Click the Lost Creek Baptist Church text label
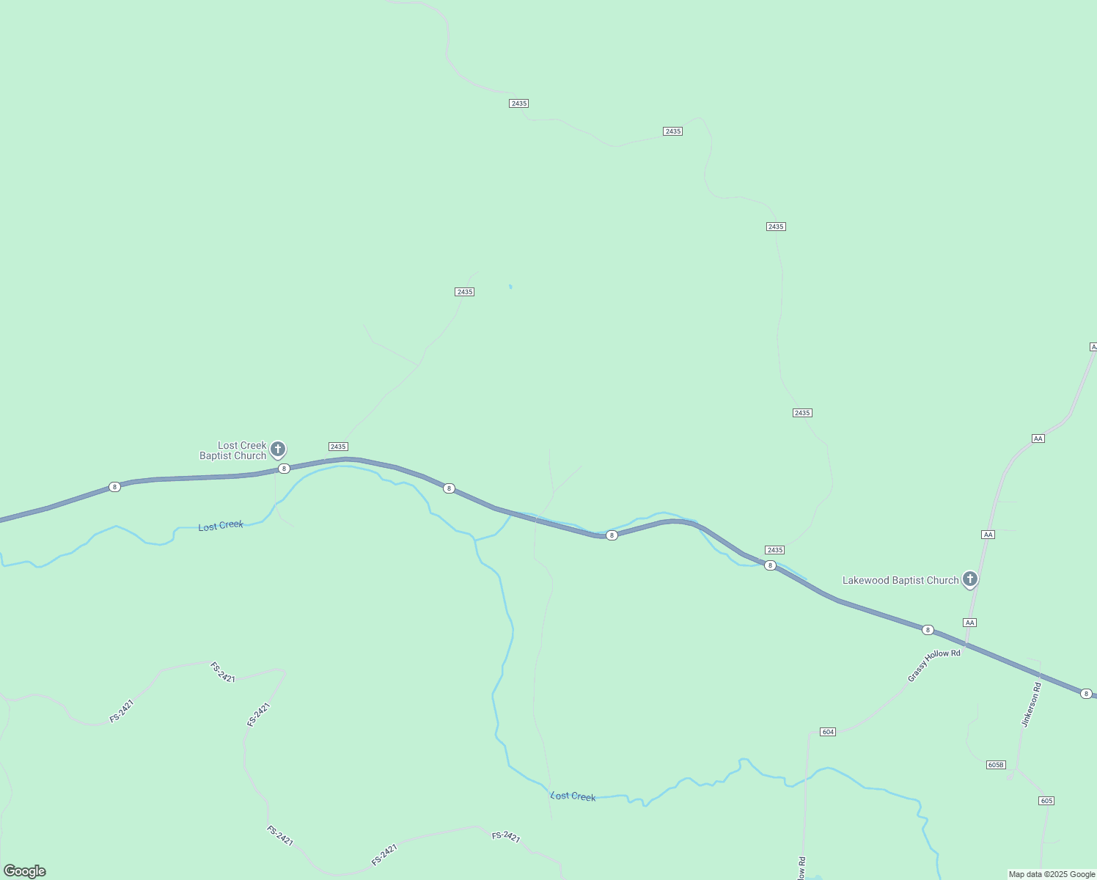pyautogui.click(x=233, y=450)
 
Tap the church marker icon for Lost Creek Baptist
pyautogui.click(x=278, y=449)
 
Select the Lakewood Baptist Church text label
pyautogui.click(x=900, y=580)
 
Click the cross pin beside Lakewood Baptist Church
pyautogui.click(x=970, y=579)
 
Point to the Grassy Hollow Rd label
pyautogui.click(x=933, y=665)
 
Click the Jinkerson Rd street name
pyautogui.click(x=1031, y=705)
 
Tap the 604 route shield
pyautogui.click(x=828, y=732)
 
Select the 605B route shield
pyautogui.click(x=995, y=765)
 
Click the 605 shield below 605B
pyautogui.click(x=1046, y=800)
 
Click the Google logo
pyautogui.click(x=25, y=871)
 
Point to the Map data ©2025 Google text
pyautogui.click(x=1052, y=874)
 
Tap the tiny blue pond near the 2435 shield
pyautogui.click(x=510, y=287)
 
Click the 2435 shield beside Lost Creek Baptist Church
pyautogui.click(x=338, y=447)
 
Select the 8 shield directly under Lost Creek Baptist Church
pyautogui.click(x=284, y=468)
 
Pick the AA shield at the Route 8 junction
pyautogui.click(x=970, y=623)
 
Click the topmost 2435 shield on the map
pyautogui.click(x=518, y=103)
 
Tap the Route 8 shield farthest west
pyautogui.click(x=114, y=487)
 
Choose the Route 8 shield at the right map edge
pyautogui.click(x=1086, y=693)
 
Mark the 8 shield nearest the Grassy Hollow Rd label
pyautogui.click(x=928, y=630)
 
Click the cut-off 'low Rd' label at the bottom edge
pyautogui.click(x=802, y=869)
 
